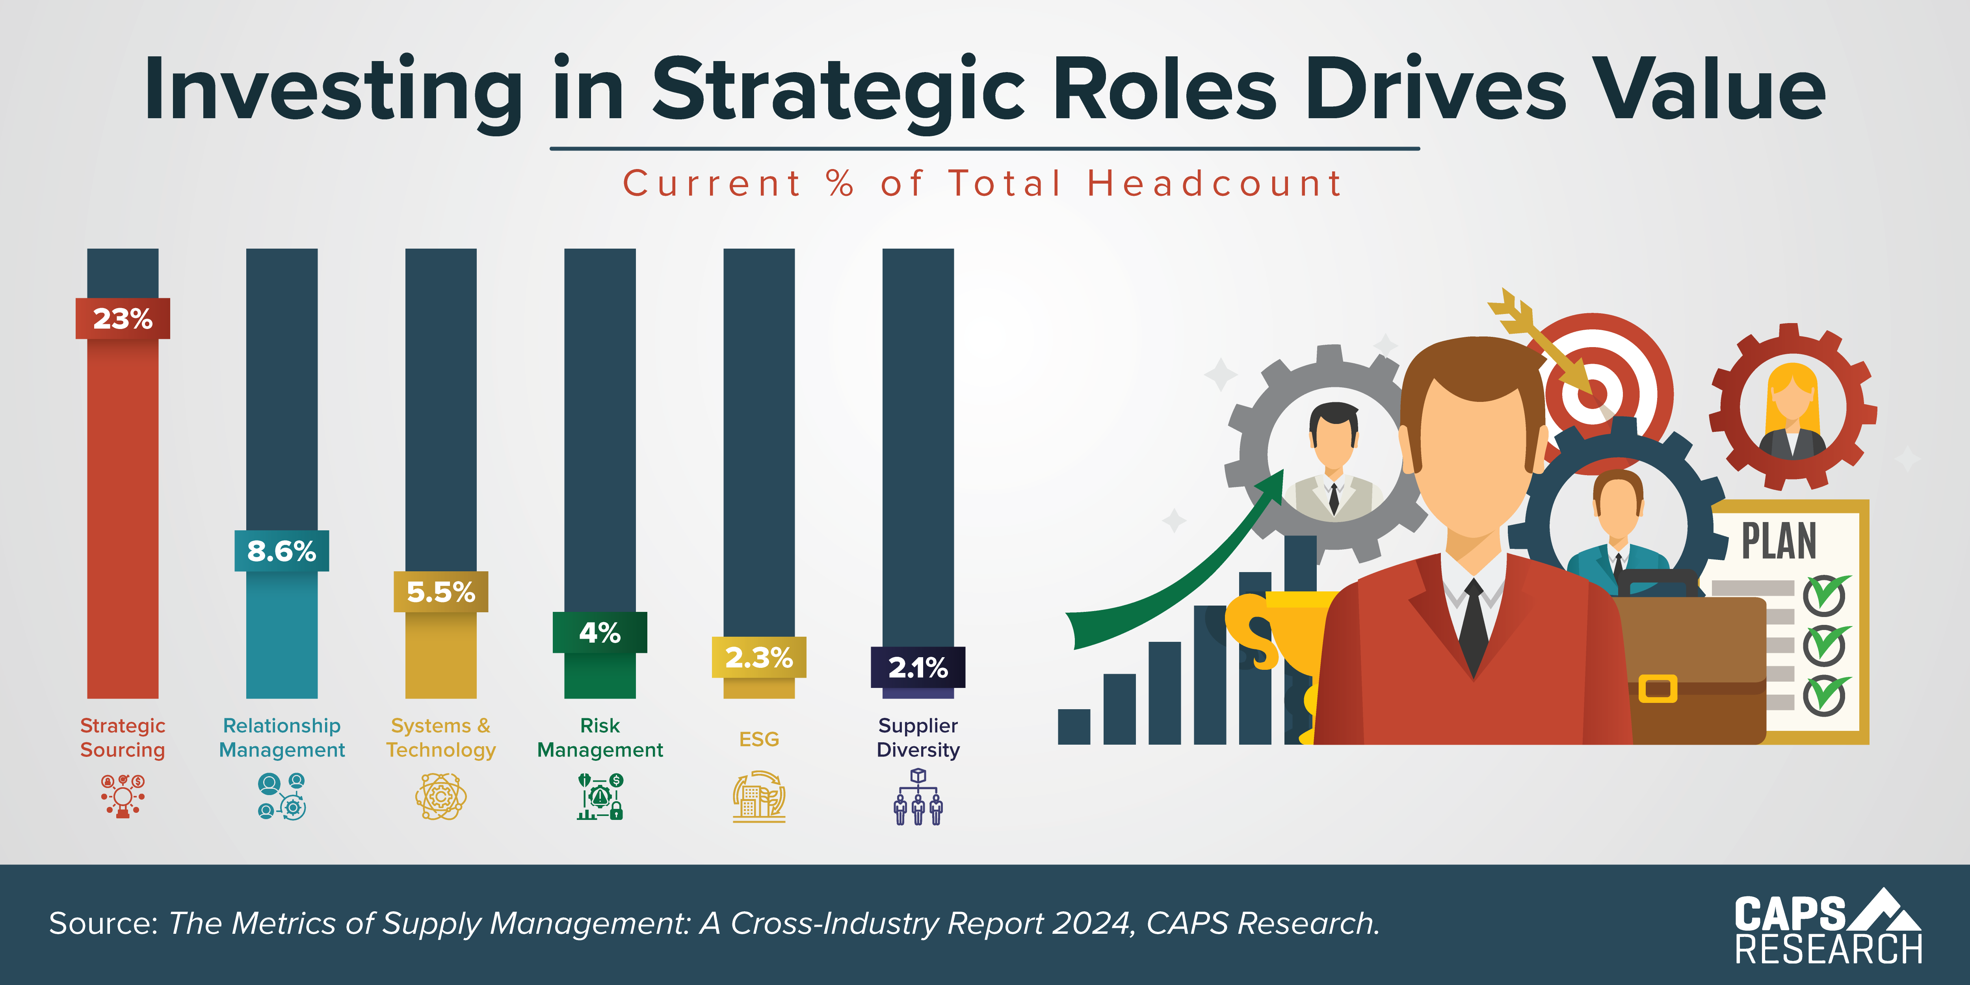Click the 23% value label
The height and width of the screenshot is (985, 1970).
[123, 318]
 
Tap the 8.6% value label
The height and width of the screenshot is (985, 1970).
[281, 551]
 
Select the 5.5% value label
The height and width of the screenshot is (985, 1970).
[440, 591]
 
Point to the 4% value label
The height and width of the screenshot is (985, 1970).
[600, 632]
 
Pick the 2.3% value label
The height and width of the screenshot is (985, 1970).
[758, 657]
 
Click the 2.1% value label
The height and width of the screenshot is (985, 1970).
[918, 667]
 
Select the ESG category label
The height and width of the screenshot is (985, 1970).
[758, 739]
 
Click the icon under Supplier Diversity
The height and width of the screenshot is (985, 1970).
[918, 797]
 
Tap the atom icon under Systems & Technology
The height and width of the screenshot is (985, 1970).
[440, 797]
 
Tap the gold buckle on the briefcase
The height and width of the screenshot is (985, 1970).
[1657, 688]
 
